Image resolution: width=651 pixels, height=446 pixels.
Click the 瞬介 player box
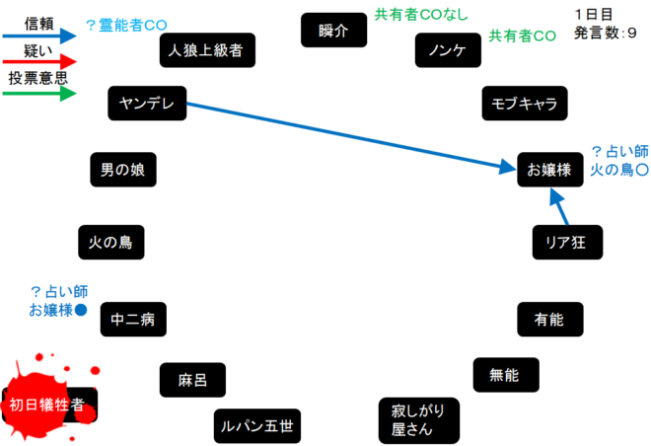point(334,31)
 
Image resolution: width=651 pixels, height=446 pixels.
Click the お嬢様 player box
point(550,170)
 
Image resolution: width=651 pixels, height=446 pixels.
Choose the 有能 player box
point(548,319)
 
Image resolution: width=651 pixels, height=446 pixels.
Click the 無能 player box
point(507,374)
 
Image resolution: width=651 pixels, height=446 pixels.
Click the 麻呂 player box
point(192,380)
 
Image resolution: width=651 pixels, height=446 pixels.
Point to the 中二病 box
point(132,319)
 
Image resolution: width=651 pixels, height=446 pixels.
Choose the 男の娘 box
point(122,170)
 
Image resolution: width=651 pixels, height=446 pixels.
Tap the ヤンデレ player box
point(147,104)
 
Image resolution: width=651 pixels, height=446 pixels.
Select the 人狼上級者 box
point(207,49)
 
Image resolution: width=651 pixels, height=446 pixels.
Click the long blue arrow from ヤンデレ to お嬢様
point(345,136)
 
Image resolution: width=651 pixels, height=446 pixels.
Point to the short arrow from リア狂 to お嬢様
point(560,207)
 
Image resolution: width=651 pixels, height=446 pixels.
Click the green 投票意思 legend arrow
point(39,94)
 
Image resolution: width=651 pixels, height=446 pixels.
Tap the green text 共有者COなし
point(421,15)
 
